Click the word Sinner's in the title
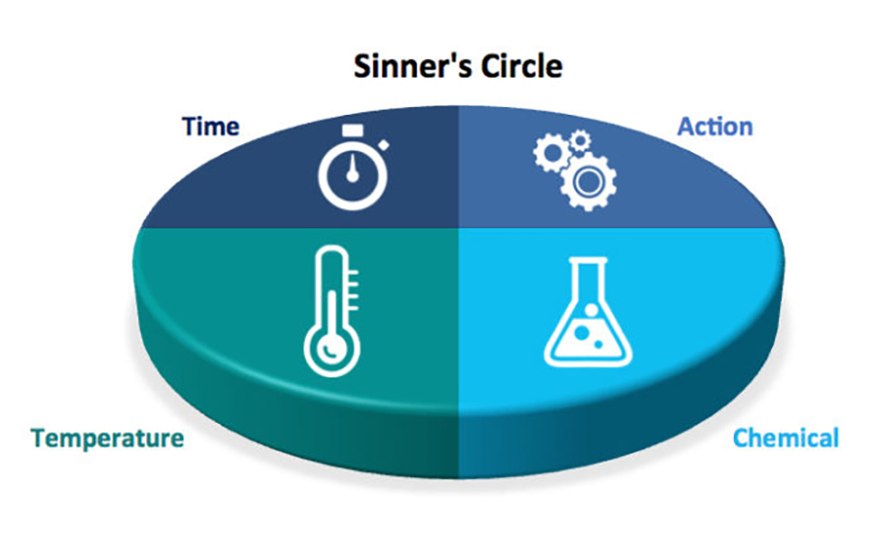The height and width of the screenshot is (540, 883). click(401, 67)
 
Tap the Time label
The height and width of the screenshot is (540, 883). click(210, 127)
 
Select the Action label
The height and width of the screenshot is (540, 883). click(715, 127)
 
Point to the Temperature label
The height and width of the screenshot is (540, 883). click(107, 437)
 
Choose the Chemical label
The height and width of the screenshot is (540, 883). click(786, 437)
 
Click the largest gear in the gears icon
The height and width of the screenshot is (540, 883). click(587, 181)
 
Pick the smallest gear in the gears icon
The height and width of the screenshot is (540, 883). click(580, 140)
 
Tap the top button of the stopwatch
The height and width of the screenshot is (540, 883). click(352, 130)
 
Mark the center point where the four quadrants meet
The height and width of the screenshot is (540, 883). click(459, 228)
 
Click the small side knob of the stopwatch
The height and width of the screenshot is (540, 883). click(384, 145)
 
